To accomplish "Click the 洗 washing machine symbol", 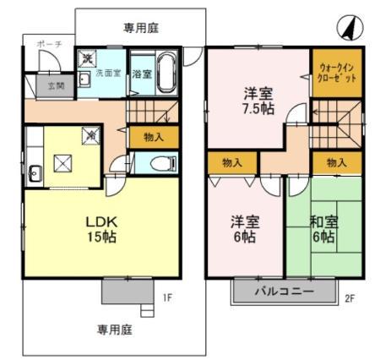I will click(87, 58).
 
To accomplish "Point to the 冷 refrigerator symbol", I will click(89, 134).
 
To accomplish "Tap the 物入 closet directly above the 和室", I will click(335, 161).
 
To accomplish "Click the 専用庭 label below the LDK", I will click(116, 330).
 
